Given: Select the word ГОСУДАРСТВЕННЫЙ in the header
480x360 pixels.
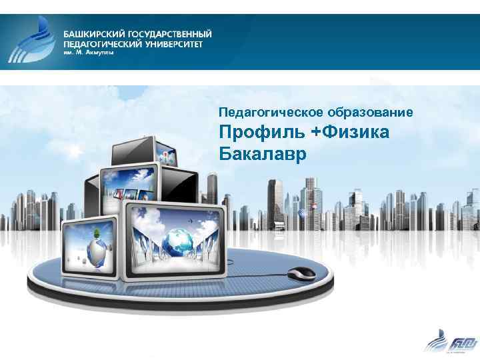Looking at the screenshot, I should pyautogui.click(x=169, y=33).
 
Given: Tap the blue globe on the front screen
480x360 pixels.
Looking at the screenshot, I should pyautogui.click(x=179, y=238).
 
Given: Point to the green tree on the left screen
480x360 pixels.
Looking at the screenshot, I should pyautogui.click(x=98, y=233).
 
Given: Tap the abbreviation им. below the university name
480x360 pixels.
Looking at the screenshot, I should pyautogui.click(x=68, y=53).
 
